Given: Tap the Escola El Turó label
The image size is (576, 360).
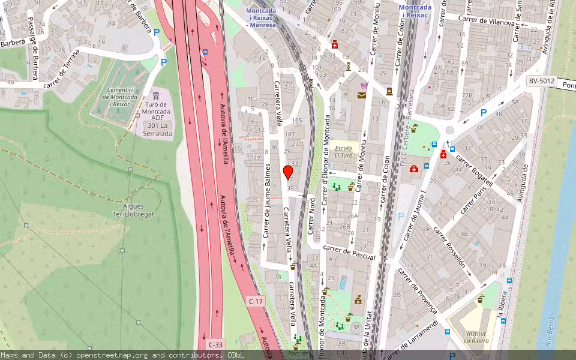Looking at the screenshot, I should (343, 151).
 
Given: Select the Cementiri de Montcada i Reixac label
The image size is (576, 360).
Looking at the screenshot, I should (116, 92).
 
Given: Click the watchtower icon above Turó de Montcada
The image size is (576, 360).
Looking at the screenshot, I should (156, 95).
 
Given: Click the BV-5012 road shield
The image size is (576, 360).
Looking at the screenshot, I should (542, 81).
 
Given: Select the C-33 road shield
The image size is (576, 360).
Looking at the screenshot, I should (215, 345).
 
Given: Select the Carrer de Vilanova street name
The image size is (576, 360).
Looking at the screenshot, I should (487, 20).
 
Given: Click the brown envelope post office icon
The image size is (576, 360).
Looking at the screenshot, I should (362, 95).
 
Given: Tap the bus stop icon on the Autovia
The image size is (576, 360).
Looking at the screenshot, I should (205, 52).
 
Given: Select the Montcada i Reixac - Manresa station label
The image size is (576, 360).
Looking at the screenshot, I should (261, 17).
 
